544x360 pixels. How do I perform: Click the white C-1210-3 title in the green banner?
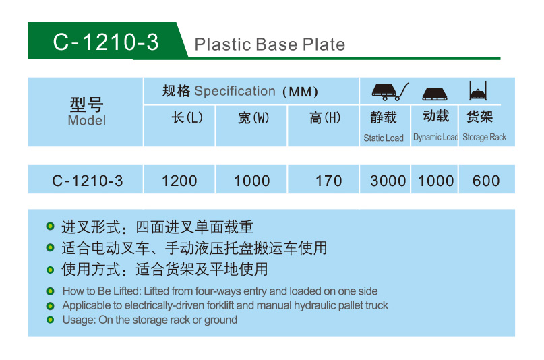105,42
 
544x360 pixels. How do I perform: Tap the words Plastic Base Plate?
270,44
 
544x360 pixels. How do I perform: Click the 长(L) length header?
187,117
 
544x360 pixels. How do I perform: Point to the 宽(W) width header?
253,118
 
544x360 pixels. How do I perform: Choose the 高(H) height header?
325,118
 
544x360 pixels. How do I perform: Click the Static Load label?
384,138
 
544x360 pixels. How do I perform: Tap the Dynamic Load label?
435,138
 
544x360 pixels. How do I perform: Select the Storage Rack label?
484,138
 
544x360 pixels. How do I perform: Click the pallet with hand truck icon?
390,92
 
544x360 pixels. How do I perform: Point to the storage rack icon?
478,91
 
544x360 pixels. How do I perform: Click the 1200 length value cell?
179,181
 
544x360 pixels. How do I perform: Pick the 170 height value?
328,181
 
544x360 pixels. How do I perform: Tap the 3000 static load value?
388,181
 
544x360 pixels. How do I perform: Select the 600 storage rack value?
486,181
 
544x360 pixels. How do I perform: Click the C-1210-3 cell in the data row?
88,181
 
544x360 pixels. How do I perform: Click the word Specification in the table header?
235,91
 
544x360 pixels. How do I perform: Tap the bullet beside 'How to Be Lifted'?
51,291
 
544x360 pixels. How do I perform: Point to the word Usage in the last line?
79,320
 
